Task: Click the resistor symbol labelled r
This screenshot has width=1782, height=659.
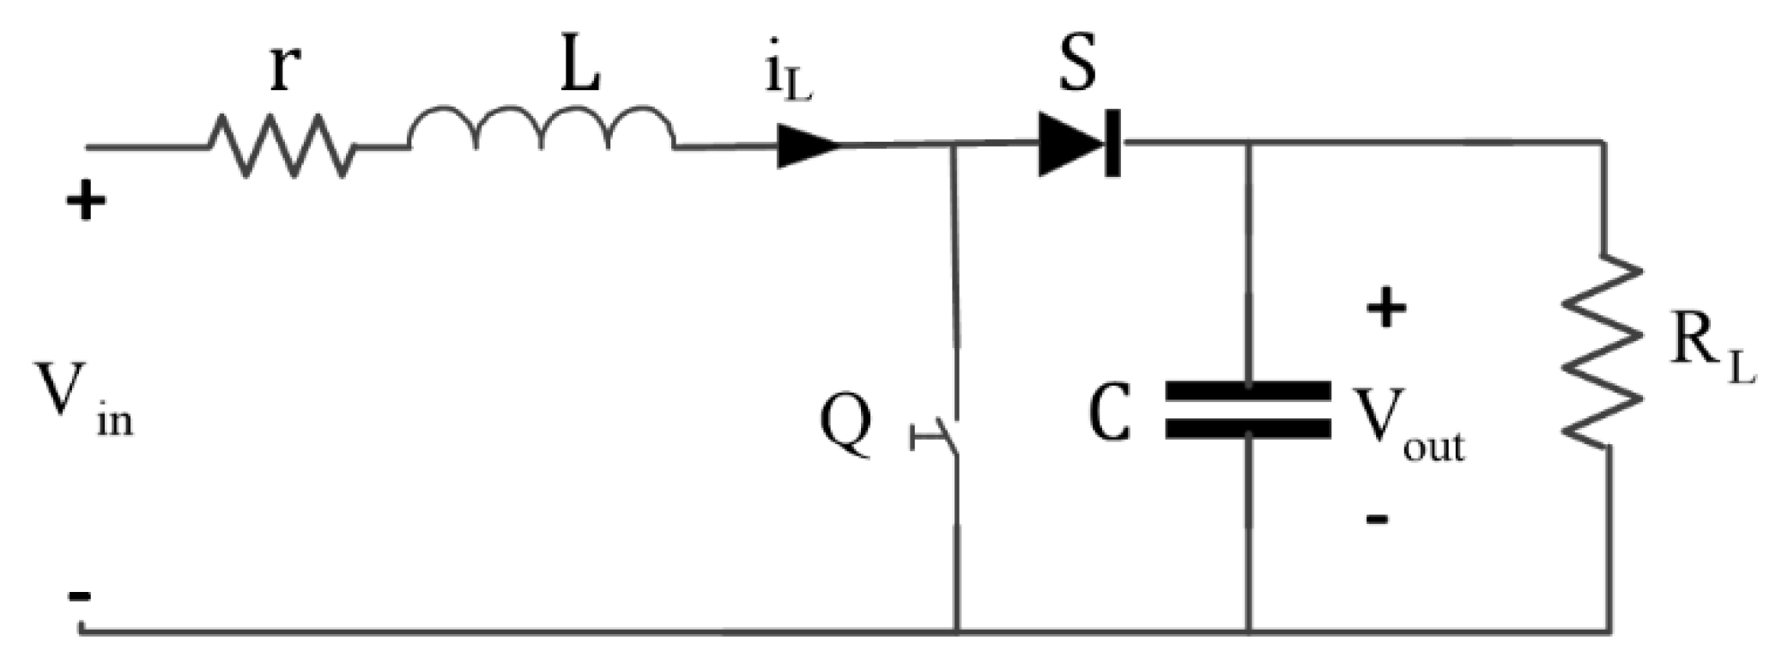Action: click(280, 147)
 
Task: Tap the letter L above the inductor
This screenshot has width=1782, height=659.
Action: click(580, 69)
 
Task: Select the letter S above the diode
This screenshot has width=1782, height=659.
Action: click(1078, 65)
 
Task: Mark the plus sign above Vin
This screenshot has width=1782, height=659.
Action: click(86, 203)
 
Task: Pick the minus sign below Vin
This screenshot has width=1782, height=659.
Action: click(81, 595)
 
